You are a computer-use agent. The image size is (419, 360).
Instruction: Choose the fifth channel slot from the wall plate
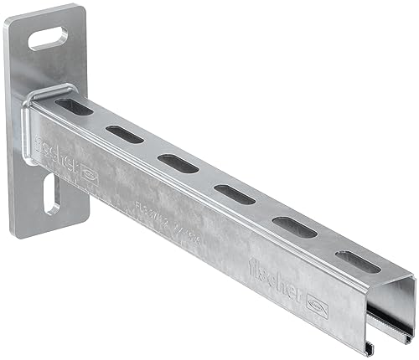tap(294, 226)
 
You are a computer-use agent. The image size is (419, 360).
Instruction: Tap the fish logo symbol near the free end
tap(318, 302)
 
